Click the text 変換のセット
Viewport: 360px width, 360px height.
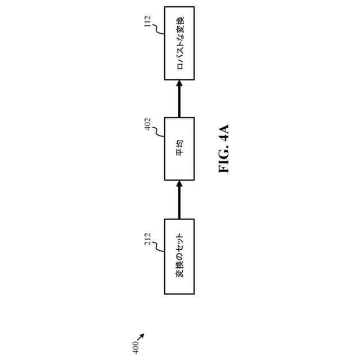(179, 256)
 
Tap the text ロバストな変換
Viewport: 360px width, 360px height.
(179, 43)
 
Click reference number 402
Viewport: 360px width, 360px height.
(148, 124)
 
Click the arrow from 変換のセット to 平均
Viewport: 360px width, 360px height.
(179, 200)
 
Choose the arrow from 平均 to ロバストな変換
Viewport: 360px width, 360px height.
(179, 98)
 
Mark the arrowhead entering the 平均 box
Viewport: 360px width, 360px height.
(179, 184)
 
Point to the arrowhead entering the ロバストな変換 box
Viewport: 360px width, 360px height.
(179, 83)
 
